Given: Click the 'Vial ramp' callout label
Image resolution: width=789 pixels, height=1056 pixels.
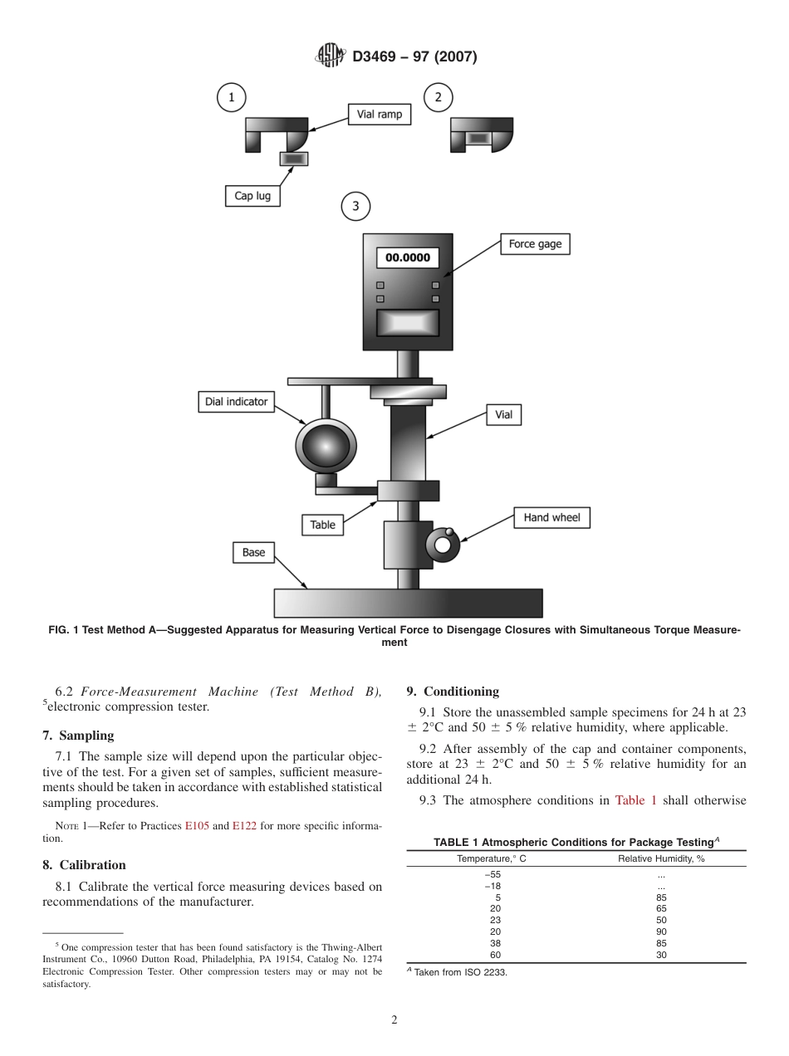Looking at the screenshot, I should pyautogui.click(x=379, y=115).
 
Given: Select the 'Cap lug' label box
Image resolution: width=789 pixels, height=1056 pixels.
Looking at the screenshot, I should pyautogui.click(x=252, y=196).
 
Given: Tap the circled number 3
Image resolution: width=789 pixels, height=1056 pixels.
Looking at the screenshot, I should pyautogui.click(x=355, y=206).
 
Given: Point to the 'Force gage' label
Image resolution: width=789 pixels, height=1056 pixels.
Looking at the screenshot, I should pyautogui.click(x=535, y=244).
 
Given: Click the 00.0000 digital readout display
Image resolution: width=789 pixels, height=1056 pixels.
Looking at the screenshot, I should pyautogui.click(x=407, y=257).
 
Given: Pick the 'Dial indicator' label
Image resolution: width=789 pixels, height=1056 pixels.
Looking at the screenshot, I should pyautogui.click(x=237, y=402).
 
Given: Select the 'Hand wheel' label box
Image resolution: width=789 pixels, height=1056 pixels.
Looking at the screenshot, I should pyautogui.click(x=551, y=517).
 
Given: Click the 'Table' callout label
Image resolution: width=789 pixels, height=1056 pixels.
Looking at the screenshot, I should pyautogui.click(x=322, y=525).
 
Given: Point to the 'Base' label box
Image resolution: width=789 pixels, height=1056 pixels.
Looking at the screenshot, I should pyautogui.click(x=253, y=553).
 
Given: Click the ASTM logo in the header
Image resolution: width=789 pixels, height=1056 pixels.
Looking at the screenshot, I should pyautogui.click(x=331, y=56).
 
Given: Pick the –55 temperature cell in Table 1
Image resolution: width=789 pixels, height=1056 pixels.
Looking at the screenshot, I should pyautogui.click(x=492, y=874).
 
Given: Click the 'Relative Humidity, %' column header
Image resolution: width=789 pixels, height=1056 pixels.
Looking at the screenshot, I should pyautogui.click(x=660, y=858).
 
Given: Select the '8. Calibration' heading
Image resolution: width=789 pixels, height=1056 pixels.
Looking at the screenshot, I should pyautogui.click(x=84, y=865).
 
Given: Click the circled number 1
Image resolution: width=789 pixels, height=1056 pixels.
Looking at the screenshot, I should pyautogui.click(x=232, y=98).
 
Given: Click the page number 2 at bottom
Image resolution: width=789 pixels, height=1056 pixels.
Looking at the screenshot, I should pyautogui.click(x=394, y=1020).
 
